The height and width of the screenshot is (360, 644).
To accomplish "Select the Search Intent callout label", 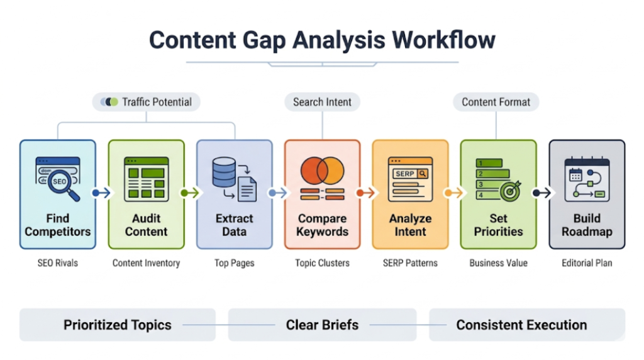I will point(322,102).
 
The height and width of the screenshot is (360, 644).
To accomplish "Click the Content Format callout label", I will point(496,102).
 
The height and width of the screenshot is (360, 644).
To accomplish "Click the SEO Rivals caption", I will point(58,263).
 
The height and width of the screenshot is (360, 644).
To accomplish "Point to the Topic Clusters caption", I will point(322,263).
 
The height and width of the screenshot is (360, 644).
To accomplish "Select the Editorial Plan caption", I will point(586,263).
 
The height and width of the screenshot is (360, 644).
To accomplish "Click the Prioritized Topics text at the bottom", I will point(117,325).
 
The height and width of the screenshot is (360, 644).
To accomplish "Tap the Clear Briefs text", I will point(322,325).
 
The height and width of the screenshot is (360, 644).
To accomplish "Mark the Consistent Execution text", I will point(521,325).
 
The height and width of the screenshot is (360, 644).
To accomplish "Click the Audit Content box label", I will point(146,225).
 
